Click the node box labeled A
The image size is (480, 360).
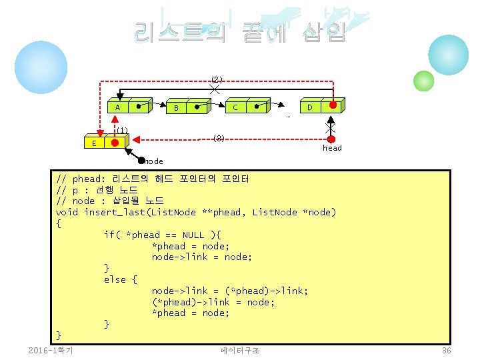pos(117,107)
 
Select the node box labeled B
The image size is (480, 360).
pos(176,107)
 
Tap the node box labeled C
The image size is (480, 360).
pos(235,107)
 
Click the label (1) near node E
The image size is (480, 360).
pos(122,130)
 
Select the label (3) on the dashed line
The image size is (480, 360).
pos(219,139)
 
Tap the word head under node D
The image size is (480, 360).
pos(332,148)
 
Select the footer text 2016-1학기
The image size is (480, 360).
pos(51,351)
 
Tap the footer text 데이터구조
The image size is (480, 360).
pos(240,351)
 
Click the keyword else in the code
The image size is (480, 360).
pos(115,279)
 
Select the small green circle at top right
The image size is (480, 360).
pos(424,81)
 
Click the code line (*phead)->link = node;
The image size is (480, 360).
pos(213,302)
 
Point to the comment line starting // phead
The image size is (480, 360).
pos(153,179)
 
